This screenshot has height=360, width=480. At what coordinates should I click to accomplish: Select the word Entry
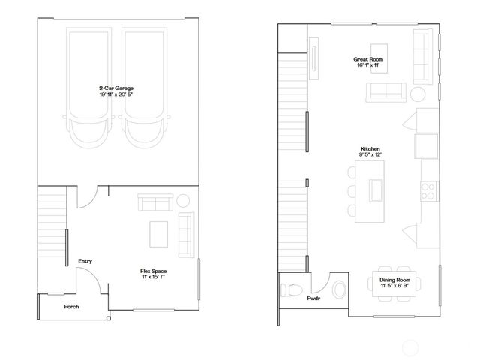85,261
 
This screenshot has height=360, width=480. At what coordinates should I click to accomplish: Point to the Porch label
71,307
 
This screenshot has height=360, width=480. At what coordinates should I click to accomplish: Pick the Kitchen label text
370,150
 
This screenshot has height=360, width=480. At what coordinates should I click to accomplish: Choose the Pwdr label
313,298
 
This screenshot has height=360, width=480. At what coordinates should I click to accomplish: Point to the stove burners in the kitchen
430,190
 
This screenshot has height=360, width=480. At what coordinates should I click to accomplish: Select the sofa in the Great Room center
385,92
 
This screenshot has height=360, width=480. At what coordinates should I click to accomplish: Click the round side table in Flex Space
183,201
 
